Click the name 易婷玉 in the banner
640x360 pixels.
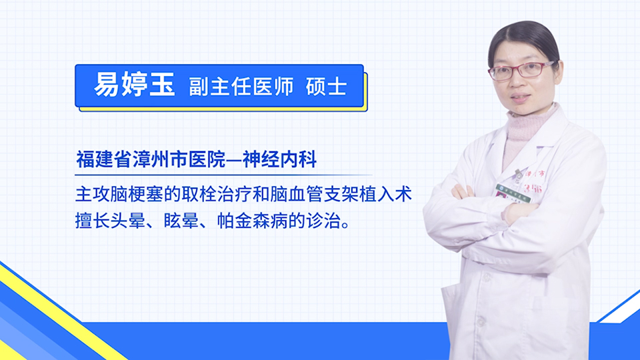(135, 85)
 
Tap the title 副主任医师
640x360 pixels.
(241, 87)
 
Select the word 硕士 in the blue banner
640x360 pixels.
(327, 87)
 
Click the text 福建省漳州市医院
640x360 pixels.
(151, 159)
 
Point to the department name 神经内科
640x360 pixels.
(280, 159)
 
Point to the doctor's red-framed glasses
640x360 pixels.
(521, 71)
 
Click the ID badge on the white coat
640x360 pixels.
(513, 193)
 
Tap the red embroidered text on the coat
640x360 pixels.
(534, 181)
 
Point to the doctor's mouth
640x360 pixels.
(521, 97)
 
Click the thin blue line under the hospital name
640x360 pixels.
(224, 175)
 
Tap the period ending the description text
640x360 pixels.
(346, 225)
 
